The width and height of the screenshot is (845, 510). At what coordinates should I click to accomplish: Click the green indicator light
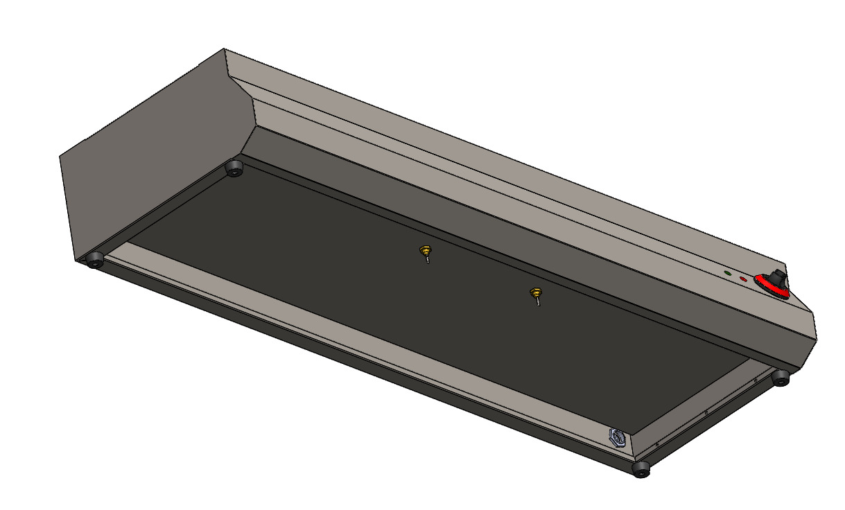click(727, 274)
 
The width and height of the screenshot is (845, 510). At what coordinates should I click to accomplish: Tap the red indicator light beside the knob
click(743, 279)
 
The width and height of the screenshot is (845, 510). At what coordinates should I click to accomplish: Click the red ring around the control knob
click(769, 288)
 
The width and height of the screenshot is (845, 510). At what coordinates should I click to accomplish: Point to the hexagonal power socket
click(616, 437)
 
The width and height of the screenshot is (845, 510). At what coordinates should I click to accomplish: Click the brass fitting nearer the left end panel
click(426, 250)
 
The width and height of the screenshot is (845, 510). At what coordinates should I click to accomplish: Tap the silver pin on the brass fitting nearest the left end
click(428, 261)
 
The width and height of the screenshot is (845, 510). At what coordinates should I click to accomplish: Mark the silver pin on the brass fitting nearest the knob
click(537, 302)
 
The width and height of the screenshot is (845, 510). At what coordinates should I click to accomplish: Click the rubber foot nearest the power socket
click(641, 470)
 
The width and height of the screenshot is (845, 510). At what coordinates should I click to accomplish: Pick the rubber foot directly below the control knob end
click(781, 378)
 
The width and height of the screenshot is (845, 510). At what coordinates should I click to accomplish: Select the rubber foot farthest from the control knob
click(94, 261)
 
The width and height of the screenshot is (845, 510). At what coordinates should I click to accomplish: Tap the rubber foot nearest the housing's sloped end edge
click(235, 168)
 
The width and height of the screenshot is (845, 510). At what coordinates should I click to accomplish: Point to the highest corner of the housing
click(224, 49)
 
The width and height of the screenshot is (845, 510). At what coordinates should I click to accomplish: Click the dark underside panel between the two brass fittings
click(478, 277)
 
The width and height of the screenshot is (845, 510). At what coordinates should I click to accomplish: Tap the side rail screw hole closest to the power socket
click(656, 444)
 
